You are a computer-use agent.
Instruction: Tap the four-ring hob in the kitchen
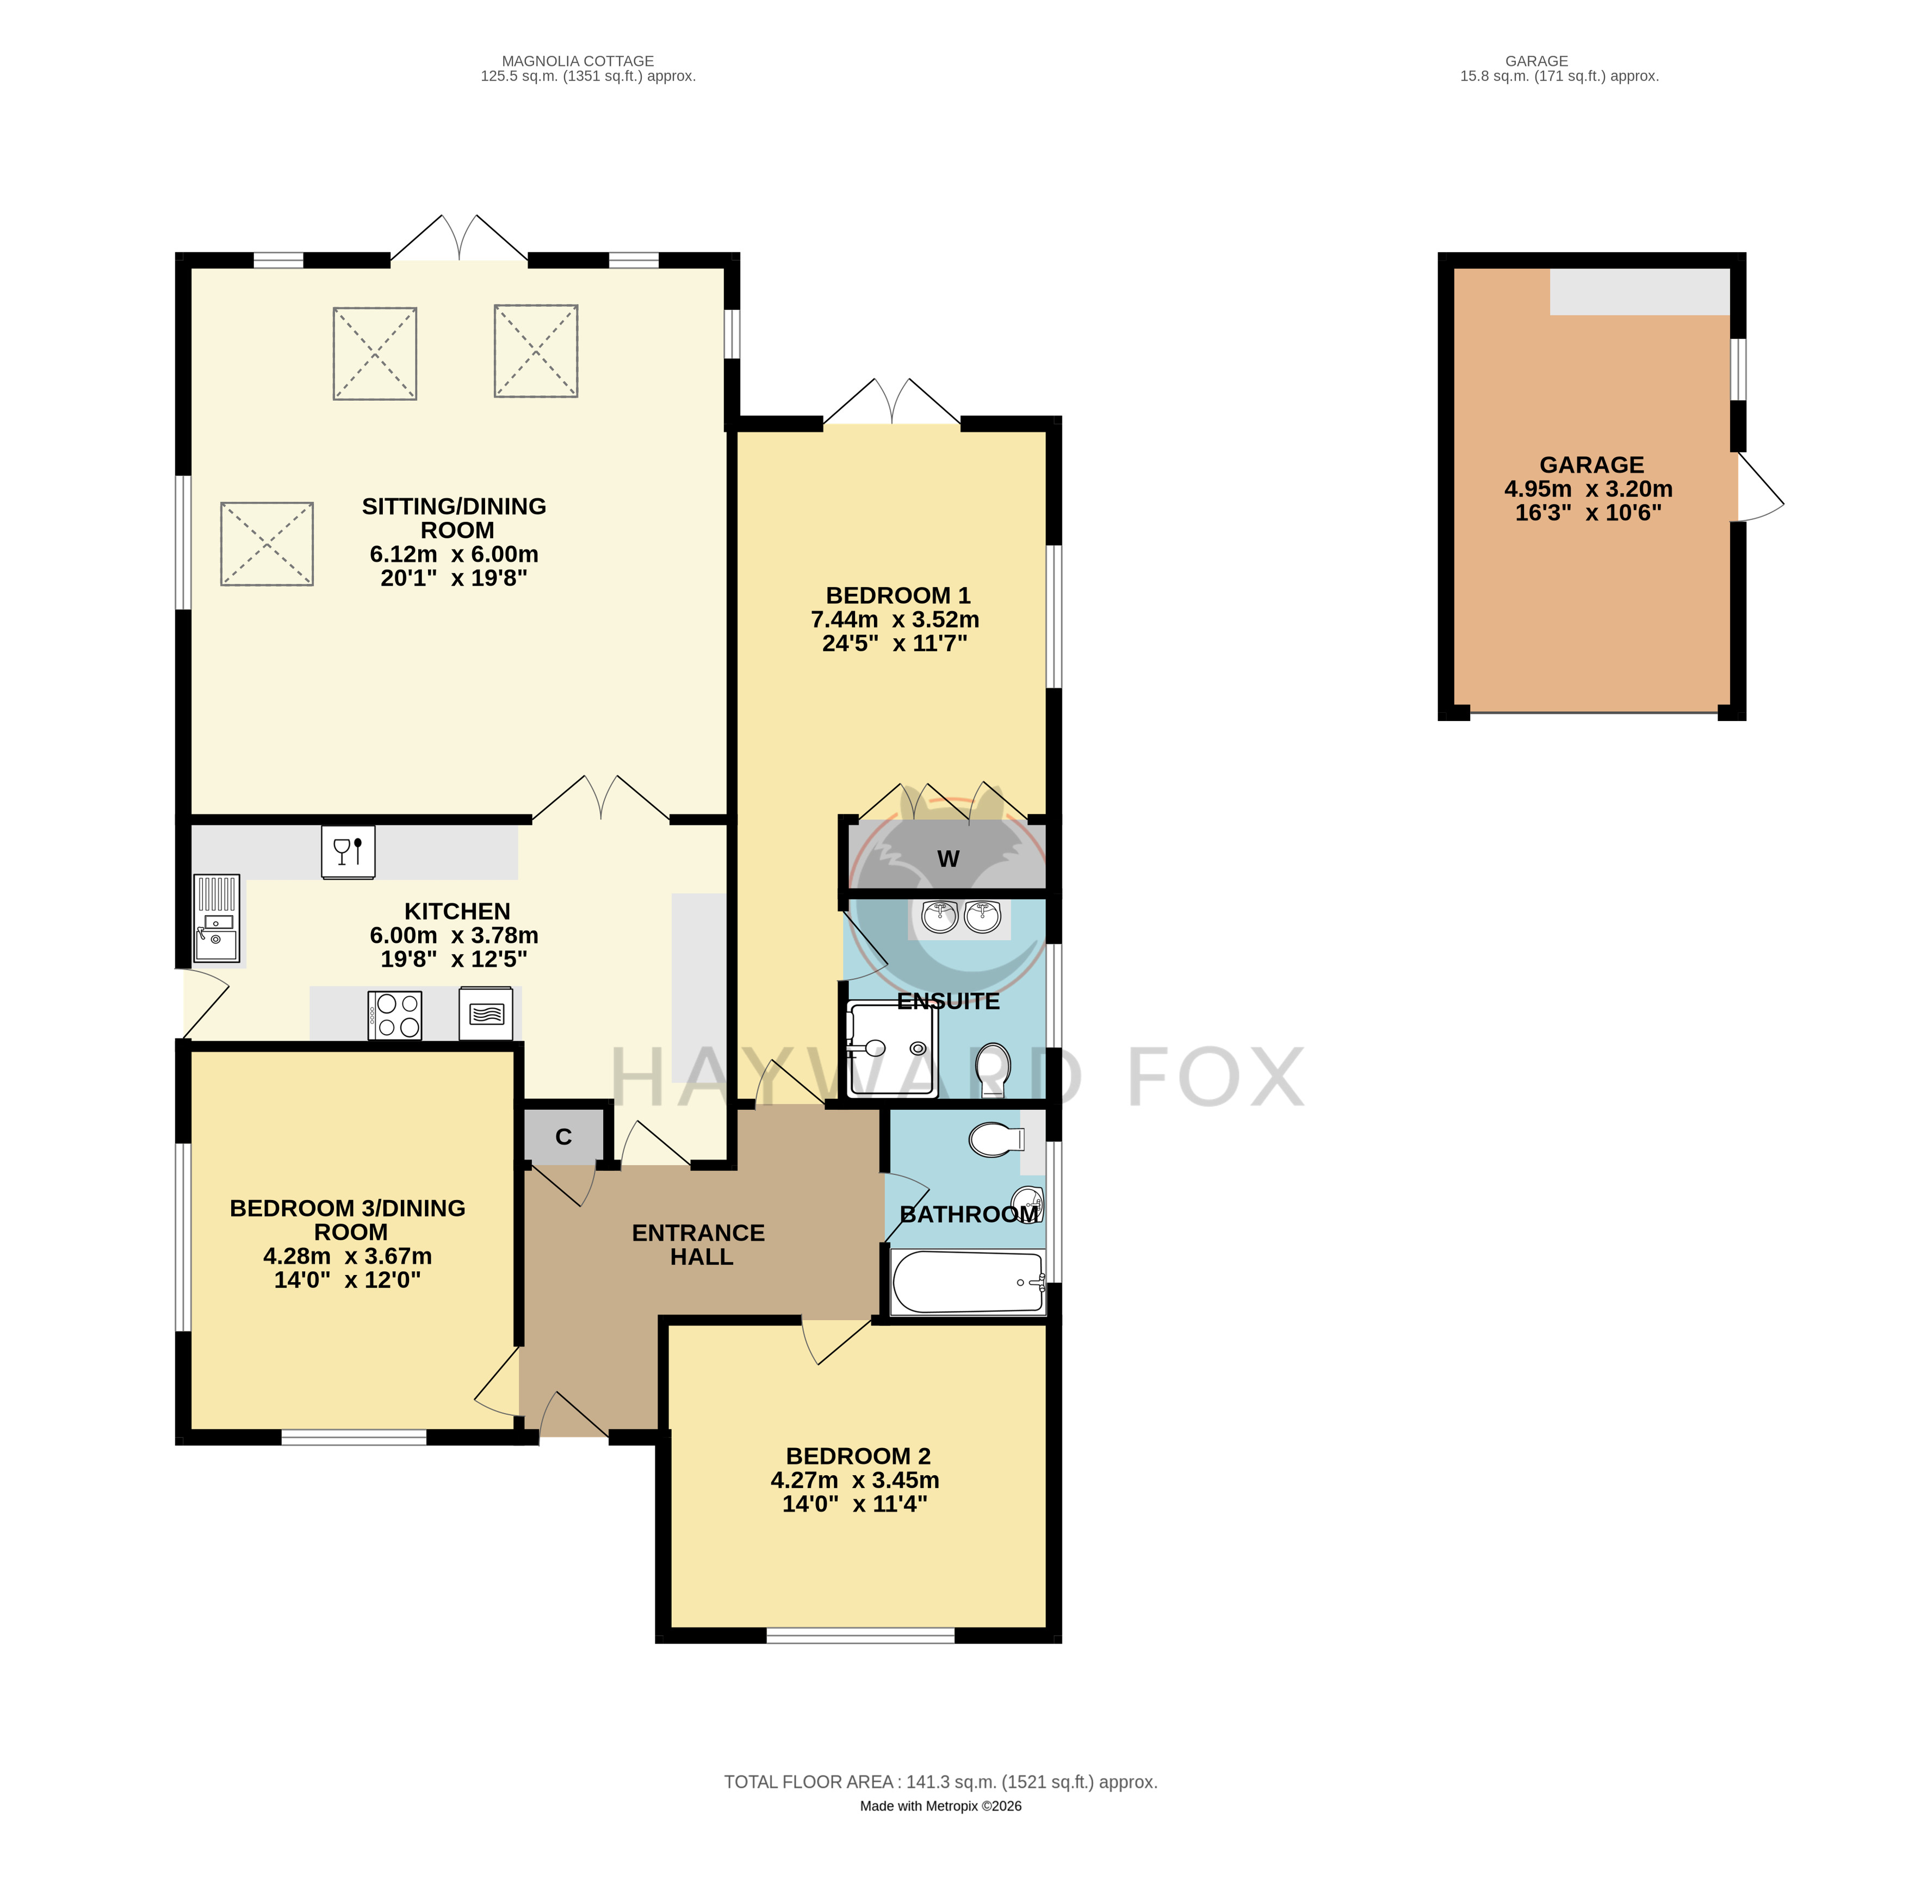(x=394, y=1015)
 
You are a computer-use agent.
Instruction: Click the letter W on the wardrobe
(x=948, y=859)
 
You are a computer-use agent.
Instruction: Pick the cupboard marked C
(x=563, y=1136)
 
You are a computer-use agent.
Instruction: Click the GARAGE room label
(x=1591, y=464)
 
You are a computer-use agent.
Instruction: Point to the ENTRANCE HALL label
(x=699, y=1245)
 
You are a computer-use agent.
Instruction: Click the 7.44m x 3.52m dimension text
(x=895, y=619)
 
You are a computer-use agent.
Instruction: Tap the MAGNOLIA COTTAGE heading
(x=578, y=60)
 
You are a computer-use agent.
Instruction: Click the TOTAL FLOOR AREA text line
(x=940, y=1782)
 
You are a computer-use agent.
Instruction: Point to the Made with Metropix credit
(x=940, y=1806)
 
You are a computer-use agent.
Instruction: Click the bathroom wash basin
(x=1028, y=1201)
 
